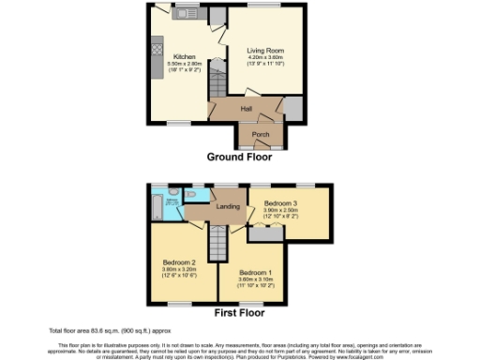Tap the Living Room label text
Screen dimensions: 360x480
265,51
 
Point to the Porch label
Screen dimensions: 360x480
261,134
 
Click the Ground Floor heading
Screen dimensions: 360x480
240,157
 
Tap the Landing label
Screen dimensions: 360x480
228,206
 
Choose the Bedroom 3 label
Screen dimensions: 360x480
281,203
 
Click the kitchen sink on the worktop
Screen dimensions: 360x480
182,13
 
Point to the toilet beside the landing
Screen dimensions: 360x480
191,193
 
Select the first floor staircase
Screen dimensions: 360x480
217,246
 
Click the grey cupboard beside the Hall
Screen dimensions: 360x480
293,110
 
